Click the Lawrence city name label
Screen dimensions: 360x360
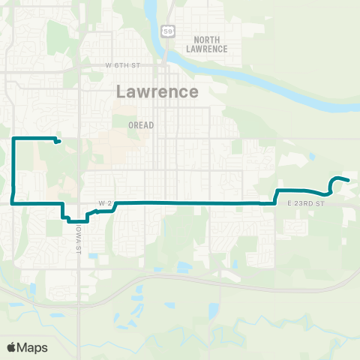click(x=158, y=91)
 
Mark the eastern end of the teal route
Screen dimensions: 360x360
click(x=348, y=179)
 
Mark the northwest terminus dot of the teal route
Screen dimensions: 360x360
click(x=58, y=141)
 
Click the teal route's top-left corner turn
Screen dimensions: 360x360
click(x=14, y=139)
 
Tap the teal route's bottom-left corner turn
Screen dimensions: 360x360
click(x=13, y=202)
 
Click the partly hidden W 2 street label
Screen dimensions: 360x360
click(x=104, y=202)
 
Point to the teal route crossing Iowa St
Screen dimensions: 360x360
click(x=77, y=220)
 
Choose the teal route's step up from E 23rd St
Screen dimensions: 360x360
click(x=277, y=196)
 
